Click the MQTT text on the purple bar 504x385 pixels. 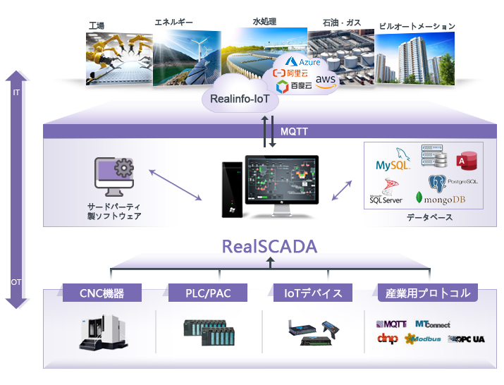click(293, 132)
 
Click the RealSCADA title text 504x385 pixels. click(269, 247)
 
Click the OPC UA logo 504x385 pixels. click(467, 339)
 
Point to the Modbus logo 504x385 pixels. click(423, 339)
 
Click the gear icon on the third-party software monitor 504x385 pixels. click(124, 170)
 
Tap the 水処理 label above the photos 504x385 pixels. click(265, 22)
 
